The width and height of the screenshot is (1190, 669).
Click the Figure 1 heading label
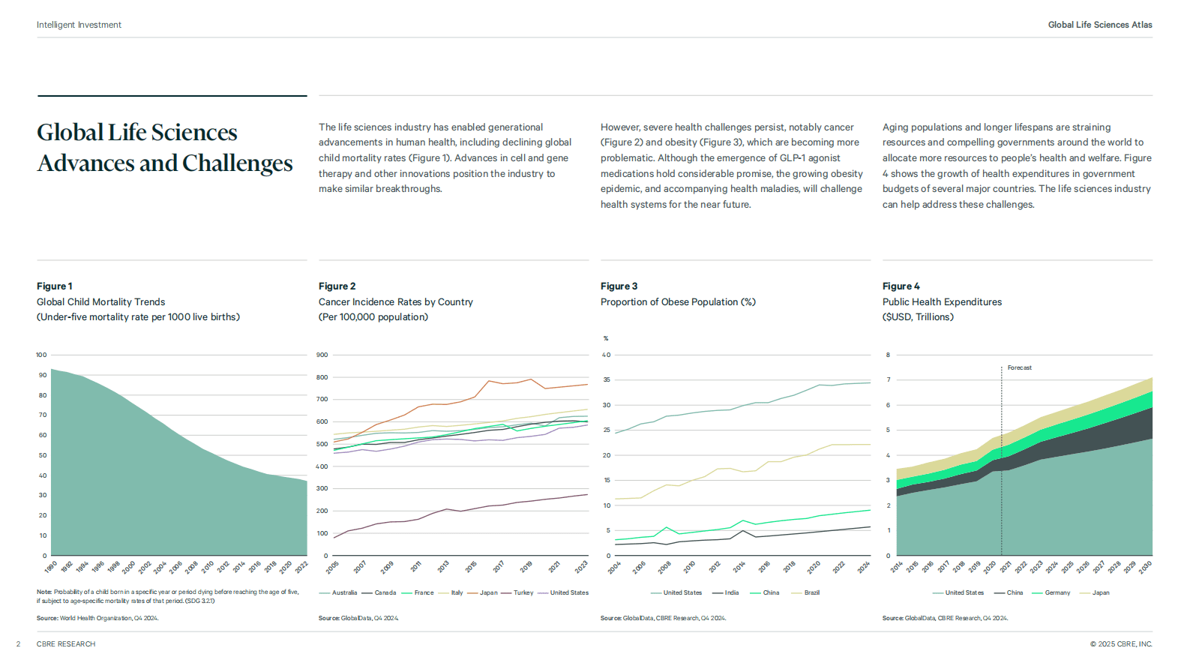click(54, 286)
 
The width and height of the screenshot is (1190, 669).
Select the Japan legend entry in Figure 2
click(484, 592)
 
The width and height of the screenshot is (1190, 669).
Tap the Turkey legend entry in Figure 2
click(518, 592)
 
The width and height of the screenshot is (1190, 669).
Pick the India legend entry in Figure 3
click(726, 592)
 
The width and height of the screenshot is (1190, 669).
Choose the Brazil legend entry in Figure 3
click(805, 592)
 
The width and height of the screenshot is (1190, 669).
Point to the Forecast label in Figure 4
click(1020, 367)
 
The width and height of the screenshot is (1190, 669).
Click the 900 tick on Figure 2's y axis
click(322, 355)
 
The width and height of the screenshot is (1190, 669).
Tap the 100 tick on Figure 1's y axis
click(41, 355)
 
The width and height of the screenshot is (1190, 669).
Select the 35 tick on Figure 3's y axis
click(606, 380)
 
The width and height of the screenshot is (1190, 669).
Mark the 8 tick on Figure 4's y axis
click(888, 355)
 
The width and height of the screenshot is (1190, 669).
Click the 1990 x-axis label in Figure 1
click(50, 567)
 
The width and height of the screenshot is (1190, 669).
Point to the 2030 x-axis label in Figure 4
click(1146, 567)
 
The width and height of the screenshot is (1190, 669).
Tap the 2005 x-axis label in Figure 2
click(332, 567)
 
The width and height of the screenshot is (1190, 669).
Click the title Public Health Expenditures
click(942, 301)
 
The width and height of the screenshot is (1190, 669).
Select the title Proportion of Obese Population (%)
click(678, 301)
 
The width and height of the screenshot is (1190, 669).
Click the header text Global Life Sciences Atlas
click(1100, 25)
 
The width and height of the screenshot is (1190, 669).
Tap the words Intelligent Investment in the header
click(79, 25)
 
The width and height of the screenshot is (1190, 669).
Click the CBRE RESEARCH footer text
click(66, 644)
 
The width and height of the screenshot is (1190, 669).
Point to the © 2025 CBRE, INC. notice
click(1121, 644)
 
